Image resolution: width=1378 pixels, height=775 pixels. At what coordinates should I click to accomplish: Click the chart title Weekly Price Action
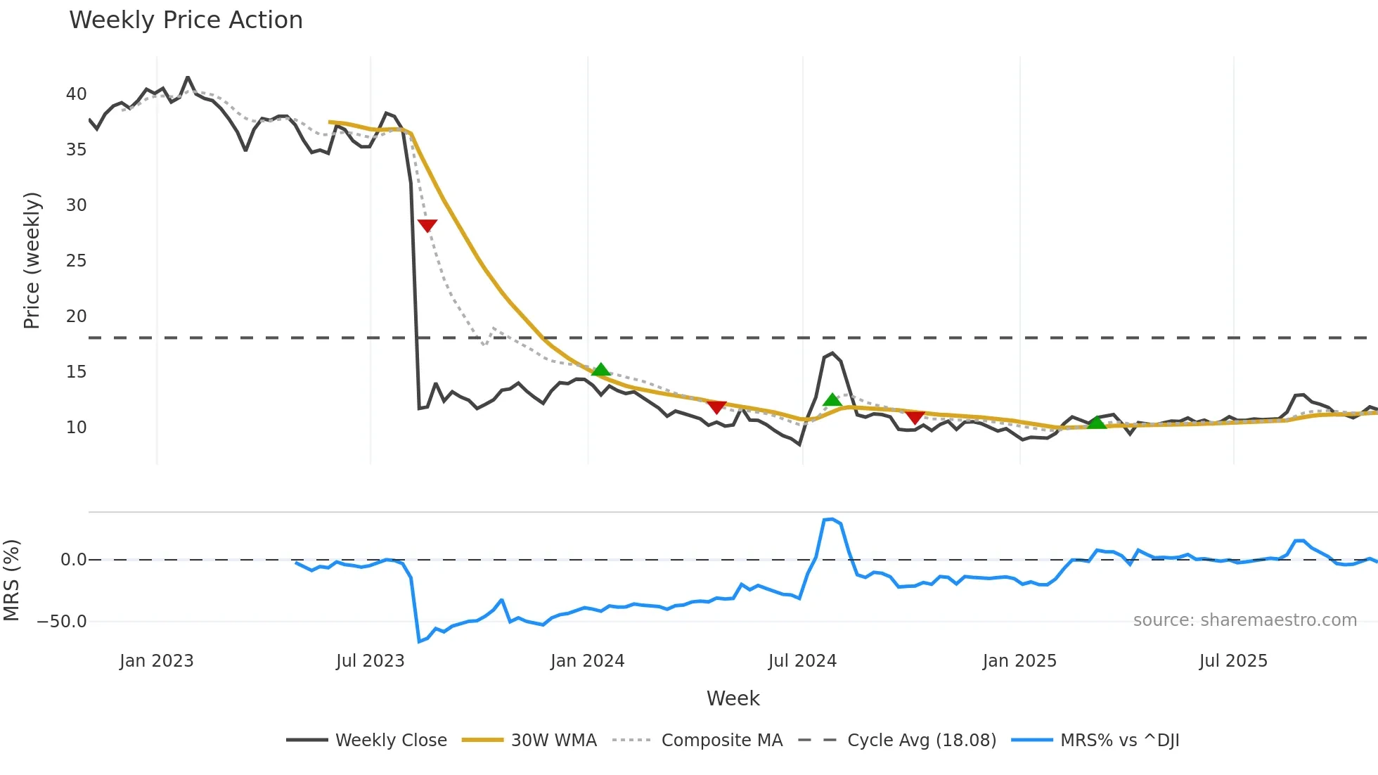[x=186, y=20]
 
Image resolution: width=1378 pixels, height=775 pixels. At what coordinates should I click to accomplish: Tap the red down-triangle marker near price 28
[x=427, y=225]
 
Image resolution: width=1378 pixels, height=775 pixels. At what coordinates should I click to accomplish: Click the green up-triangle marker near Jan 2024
[x=600, y=369]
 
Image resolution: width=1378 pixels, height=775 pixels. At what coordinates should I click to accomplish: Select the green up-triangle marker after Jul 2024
[x=832, y=399]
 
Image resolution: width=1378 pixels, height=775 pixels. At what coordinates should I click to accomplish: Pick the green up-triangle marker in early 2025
[x=1096, y=422]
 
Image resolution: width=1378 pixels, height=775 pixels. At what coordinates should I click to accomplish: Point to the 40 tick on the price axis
[x=76, y=94]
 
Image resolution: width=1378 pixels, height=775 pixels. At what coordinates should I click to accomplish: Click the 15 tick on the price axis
[x=76, y=372]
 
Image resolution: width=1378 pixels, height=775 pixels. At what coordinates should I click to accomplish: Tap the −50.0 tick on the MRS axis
[x=62, y=622]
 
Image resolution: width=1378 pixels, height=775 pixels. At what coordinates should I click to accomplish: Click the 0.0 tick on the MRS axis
[x=73, y=560]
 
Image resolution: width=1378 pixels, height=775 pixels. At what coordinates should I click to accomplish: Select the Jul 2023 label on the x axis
[x=370, y=661]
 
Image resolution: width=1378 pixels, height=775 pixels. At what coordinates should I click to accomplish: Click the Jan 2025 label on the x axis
[x=1019, y=661]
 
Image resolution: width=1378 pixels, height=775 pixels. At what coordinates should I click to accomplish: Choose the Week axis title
[x=733, y=698]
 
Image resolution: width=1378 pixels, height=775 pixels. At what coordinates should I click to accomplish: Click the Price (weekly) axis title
[x=32, y=260]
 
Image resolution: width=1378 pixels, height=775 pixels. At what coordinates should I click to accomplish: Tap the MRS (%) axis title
[x=11, y=580]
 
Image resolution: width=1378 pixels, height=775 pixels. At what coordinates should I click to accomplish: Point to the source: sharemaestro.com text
[x=1244, y=620]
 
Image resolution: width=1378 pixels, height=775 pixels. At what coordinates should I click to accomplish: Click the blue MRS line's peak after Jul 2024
[x=832, y=519]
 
